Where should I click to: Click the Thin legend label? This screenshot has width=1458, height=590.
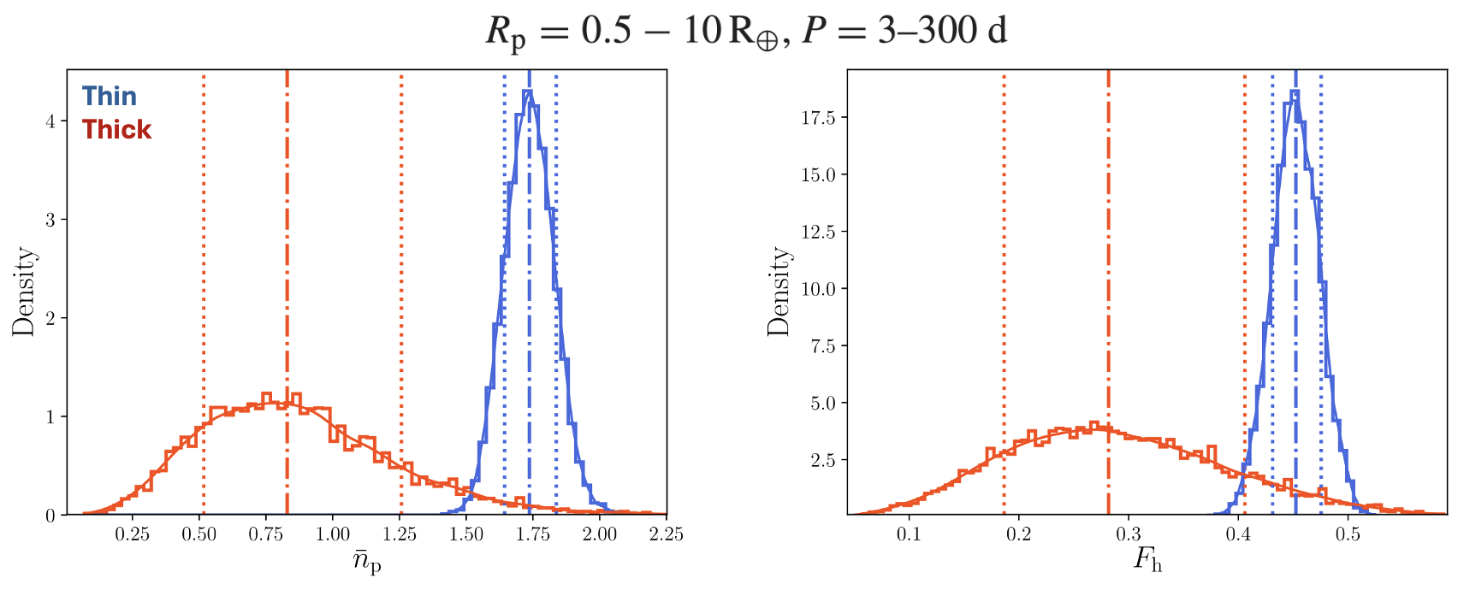point(109,96)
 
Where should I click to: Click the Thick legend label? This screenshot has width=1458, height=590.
point(116,130)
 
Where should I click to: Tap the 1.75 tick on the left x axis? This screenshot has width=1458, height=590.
point(533,534)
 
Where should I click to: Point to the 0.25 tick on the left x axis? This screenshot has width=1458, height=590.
point(133,534)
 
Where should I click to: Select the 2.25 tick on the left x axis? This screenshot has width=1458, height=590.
point(666,534)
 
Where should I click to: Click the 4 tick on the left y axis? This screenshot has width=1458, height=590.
point(50,121)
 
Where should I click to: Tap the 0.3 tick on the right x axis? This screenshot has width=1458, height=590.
point(1129,534)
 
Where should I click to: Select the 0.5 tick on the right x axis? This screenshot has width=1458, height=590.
point(1348,534)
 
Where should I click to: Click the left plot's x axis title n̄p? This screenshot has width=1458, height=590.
point(366,563)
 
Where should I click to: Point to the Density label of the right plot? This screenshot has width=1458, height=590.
point(778,292)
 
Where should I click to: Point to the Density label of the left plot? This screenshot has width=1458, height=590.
point(23,292)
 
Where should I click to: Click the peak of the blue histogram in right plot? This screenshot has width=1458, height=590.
point(1295,92)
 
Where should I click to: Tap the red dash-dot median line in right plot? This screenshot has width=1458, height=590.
point(1108,257)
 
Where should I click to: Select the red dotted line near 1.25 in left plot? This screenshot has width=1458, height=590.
point(401,257)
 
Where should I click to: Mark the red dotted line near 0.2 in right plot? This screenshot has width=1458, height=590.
point(1004,257)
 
